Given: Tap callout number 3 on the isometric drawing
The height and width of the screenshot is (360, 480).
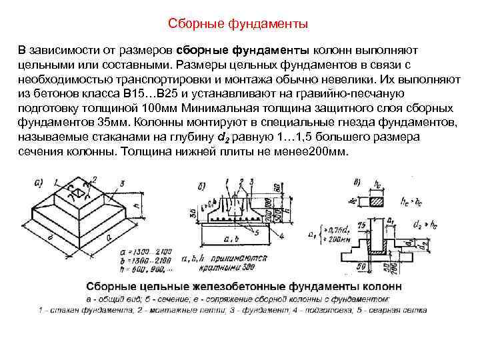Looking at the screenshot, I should (122, 182).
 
